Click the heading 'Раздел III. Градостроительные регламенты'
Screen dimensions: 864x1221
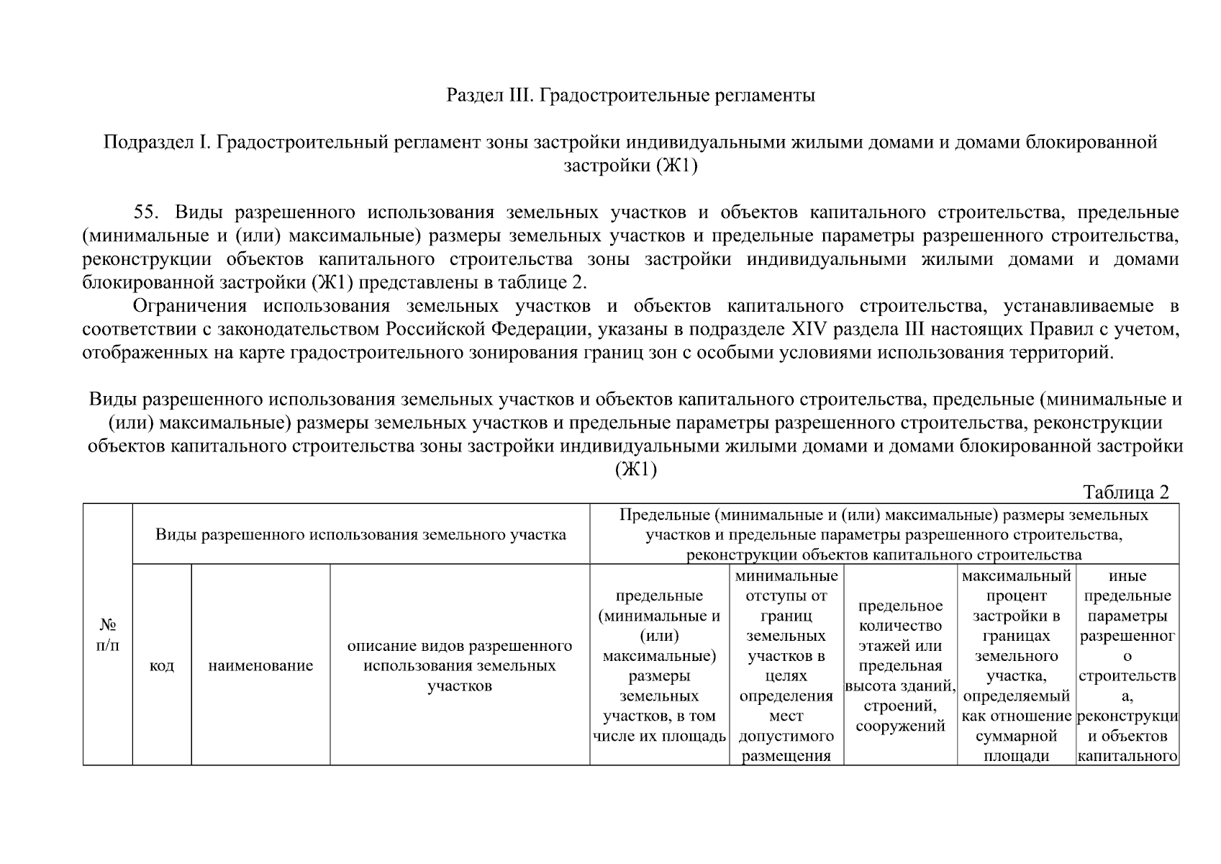[630, 95]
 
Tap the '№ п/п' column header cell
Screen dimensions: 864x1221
[107, 634]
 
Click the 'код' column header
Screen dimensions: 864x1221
[161, 666]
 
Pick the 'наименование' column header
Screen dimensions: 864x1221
[260, 666]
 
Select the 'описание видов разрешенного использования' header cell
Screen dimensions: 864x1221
[459, 665]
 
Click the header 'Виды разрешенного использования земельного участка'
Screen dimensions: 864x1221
[360, 534]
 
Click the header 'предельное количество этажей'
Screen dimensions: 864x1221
[899, 665]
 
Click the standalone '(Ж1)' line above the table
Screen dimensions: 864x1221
[635, 469]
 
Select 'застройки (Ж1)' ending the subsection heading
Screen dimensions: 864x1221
[630, 166]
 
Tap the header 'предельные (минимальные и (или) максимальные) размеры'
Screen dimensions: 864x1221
[659, 665]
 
